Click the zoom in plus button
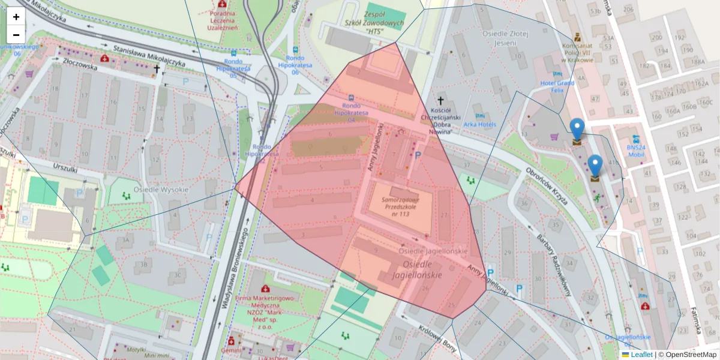tap(16, 17)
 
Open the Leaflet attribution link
tap(641, 355)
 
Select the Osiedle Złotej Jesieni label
tap(508, 38)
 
